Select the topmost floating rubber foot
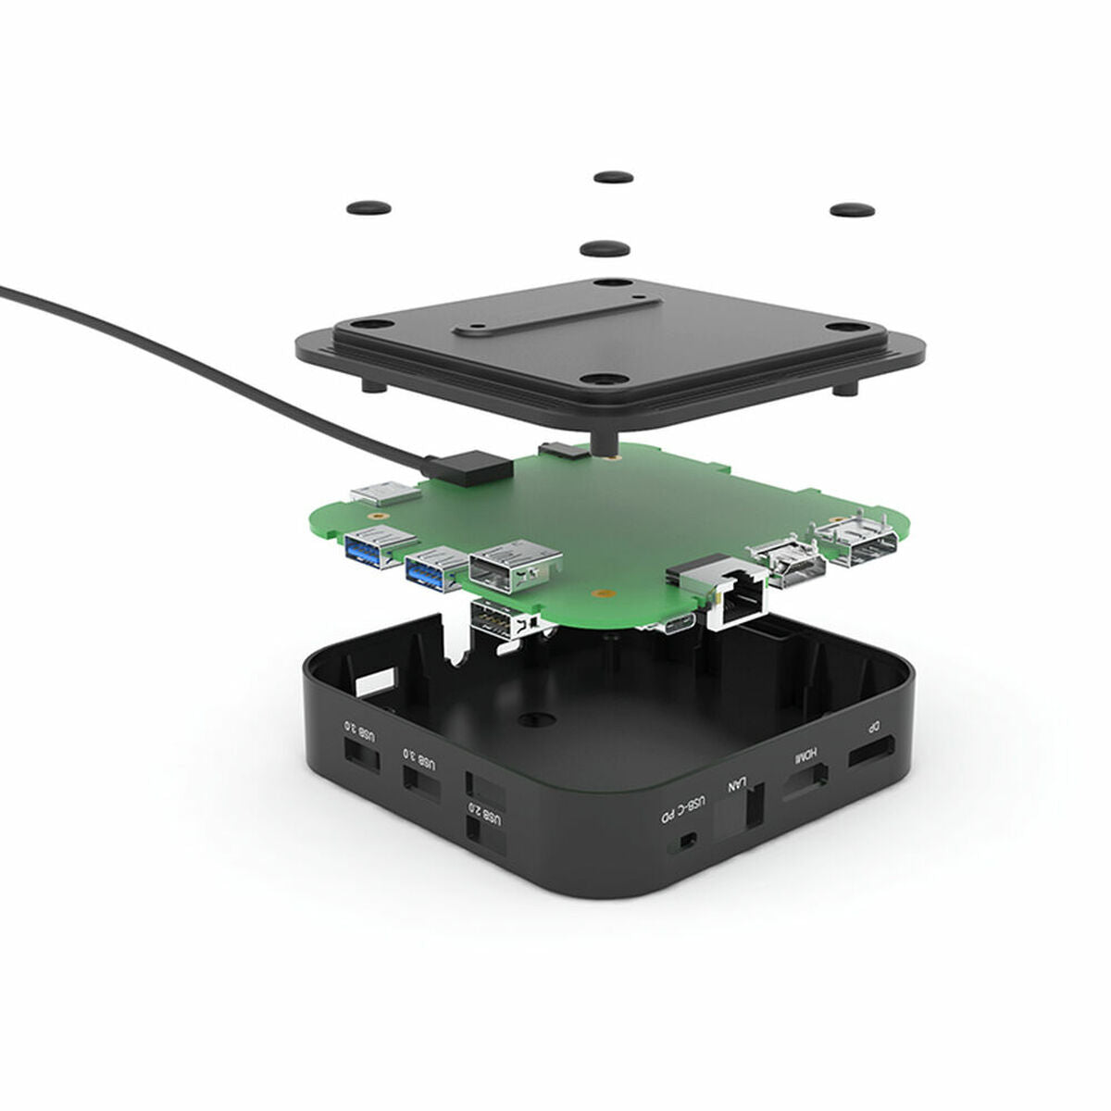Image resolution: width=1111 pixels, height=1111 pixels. point(614,176)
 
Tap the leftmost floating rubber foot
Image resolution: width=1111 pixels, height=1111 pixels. point(368,207)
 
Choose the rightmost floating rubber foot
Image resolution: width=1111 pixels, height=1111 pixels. point(852,210)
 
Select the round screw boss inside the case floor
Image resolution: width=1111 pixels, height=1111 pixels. point(531,718)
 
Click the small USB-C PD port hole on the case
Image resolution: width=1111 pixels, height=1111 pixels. point(687,841)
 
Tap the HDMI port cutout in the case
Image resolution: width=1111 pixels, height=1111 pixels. point(805,784)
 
